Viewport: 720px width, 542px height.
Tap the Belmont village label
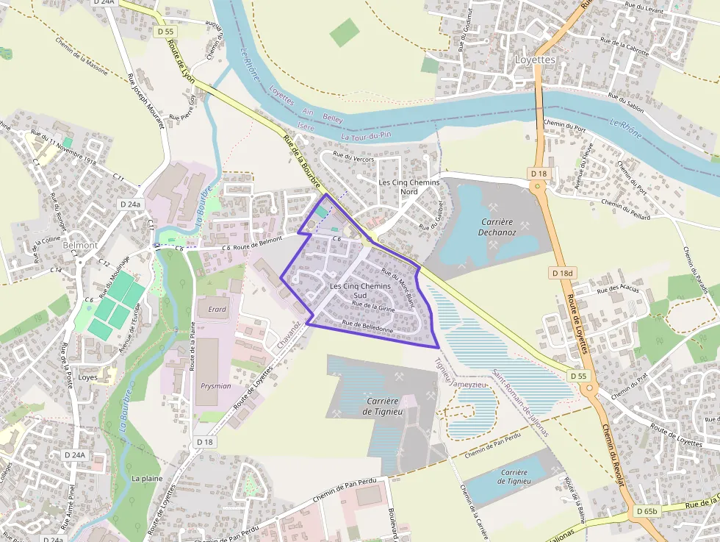[x=80, y=245]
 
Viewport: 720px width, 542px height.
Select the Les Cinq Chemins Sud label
[x=361, y=290]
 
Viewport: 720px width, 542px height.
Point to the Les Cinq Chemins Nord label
[x=408, y=187]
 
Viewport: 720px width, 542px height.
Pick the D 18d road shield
[x=563, y=273]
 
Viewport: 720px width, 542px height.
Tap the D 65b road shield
[x=647, y=511]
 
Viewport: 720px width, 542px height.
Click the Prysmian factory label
[x=215, y=386]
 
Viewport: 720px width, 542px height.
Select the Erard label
[x=217, y=309]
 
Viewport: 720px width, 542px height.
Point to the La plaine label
[x=147, y=478]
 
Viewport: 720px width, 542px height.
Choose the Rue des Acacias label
[x=619, y=288]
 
